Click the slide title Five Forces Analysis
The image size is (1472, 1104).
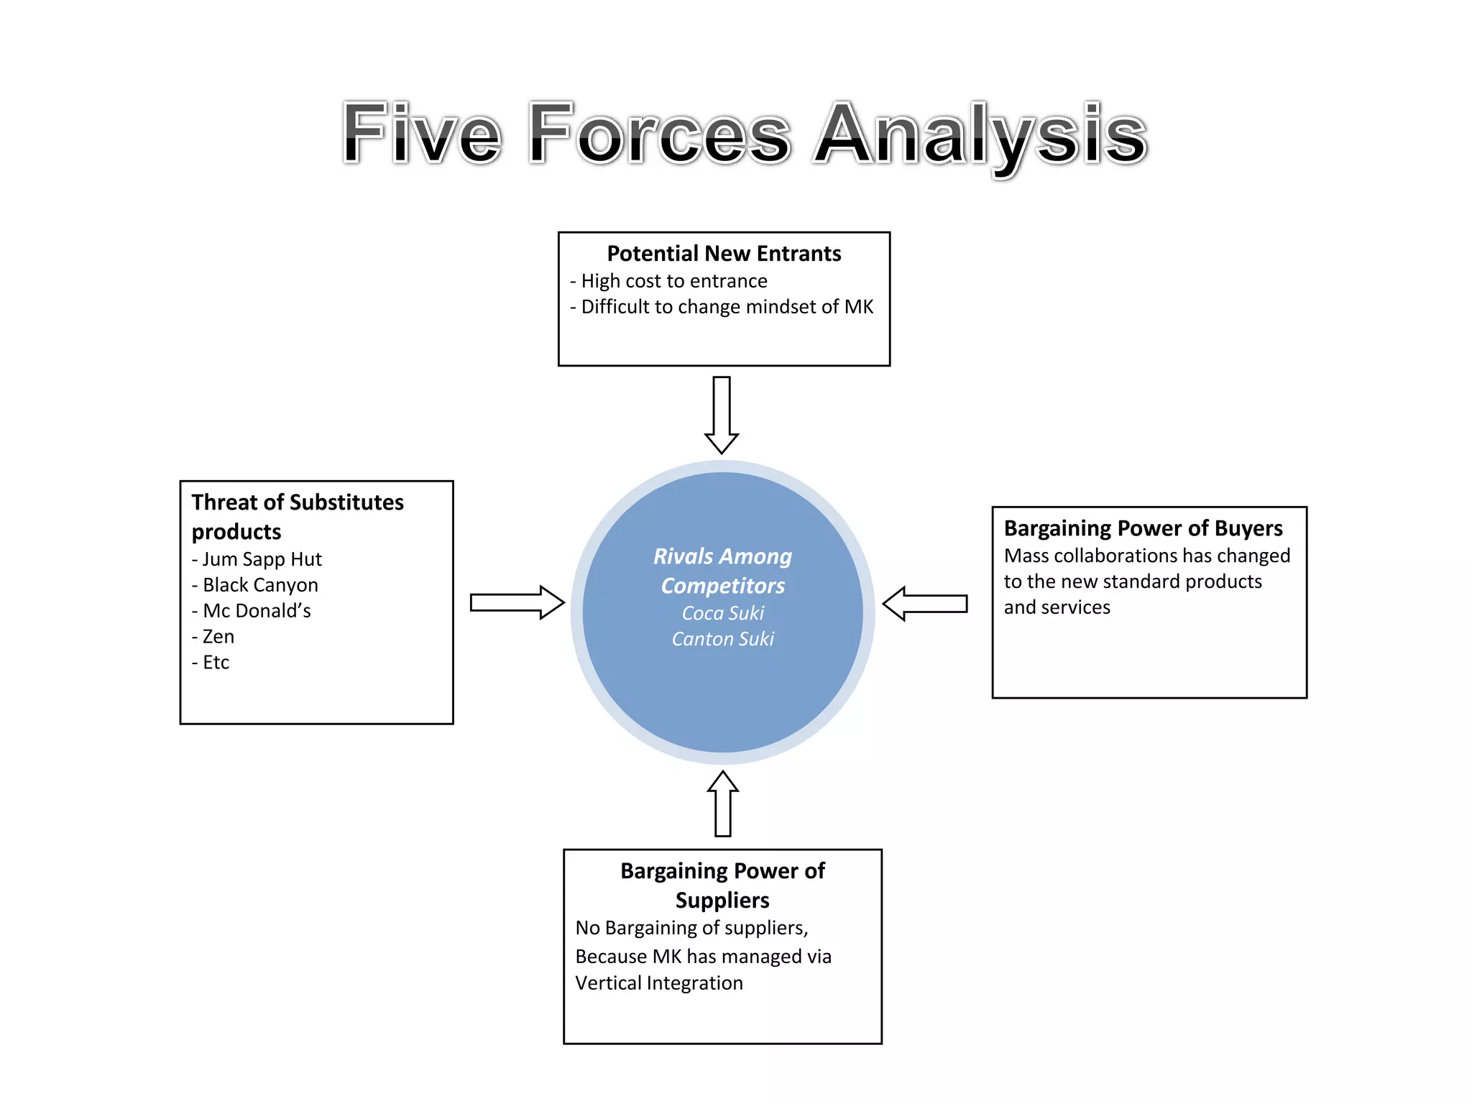[x=744, y=134]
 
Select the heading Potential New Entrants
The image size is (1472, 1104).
[x=724, y=254]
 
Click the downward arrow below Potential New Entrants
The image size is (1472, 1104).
[x=722, y=415]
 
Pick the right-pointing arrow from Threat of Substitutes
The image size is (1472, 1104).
[x=517, y=602]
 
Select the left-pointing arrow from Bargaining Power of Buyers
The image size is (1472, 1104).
[x=925, y=603]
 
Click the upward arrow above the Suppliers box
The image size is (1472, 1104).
[x=723, y=804]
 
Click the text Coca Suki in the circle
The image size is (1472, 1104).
[x=723, y=613]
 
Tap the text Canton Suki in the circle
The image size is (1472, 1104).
[x=723, y=639]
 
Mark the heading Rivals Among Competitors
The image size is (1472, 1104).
[x=723, y=571]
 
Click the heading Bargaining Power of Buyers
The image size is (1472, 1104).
[x=1143, y=528]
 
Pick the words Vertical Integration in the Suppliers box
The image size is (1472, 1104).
[x=659, y=983]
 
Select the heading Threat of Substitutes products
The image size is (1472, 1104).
[x=298, y=516]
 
